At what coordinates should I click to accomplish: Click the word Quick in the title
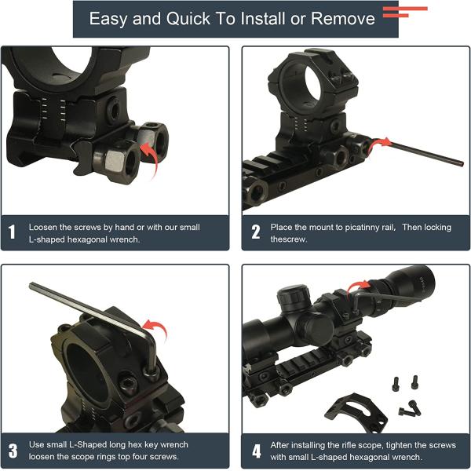(x=188, y=19)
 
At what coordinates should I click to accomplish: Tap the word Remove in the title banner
(x=343, y=19)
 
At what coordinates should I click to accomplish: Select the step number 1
(x=12, y=232)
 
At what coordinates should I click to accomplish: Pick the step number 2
(x=256, y=232)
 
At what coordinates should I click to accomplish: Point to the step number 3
(x=13, y=451)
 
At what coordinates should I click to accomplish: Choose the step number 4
(x=256, y=451)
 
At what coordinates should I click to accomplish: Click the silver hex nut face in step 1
(x=115, y=159)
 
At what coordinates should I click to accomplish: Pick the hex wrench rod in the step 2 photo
(x=426, y=154)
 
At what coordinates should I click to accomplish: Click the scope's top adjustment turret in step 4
(x=294, y=298)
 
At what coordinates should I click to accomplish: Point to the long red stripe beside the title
(x=405, y=9)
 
